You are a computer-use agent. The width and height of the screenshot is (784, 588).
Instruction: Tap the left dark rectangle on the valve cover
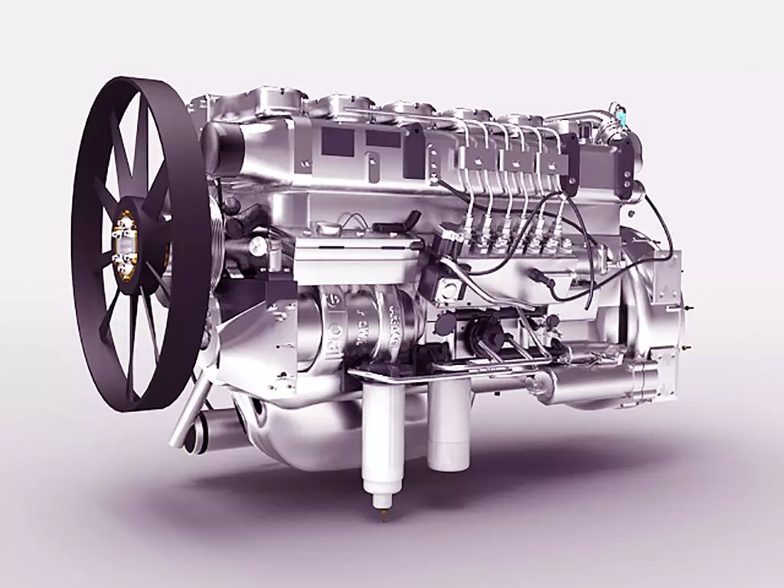click(x=338, y=141)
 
